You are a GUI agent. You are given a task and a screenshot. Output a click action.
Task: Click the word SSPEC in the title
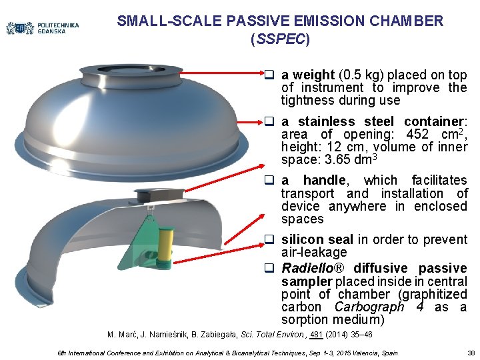[280, 39]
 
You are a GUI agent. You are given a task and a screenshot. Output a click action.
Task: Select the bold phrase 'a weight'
[307, 75]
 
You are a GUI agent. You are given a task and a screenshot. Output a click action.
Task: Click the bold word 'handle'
[323, 180]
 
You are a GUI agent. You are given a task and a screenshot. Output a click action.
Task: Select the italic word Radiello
[307, 268]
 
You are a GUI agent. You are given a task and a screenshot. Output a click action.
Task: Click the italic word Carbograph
[369, 307]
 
